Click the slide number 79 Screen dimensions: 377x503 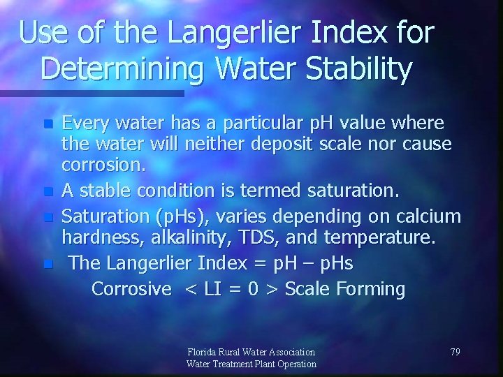coord(454,352)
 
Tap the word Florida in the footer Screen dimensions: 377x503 coord(203,352)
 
